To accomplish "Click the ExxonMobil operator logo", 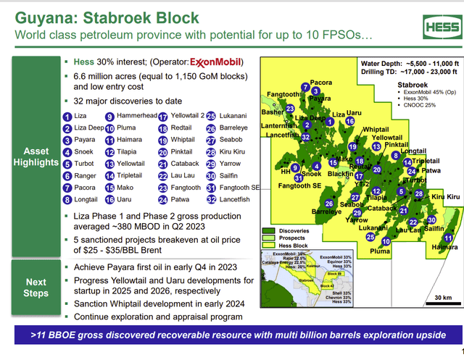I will [215, 62].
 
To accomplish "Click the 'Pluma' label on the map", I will [380, 251].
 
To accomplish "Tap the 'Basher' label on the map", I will [273, 112].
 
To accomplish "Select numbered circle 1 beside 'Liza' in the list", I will [67, 116].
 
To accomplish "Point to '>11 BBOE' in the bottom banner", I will [55, 336].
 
